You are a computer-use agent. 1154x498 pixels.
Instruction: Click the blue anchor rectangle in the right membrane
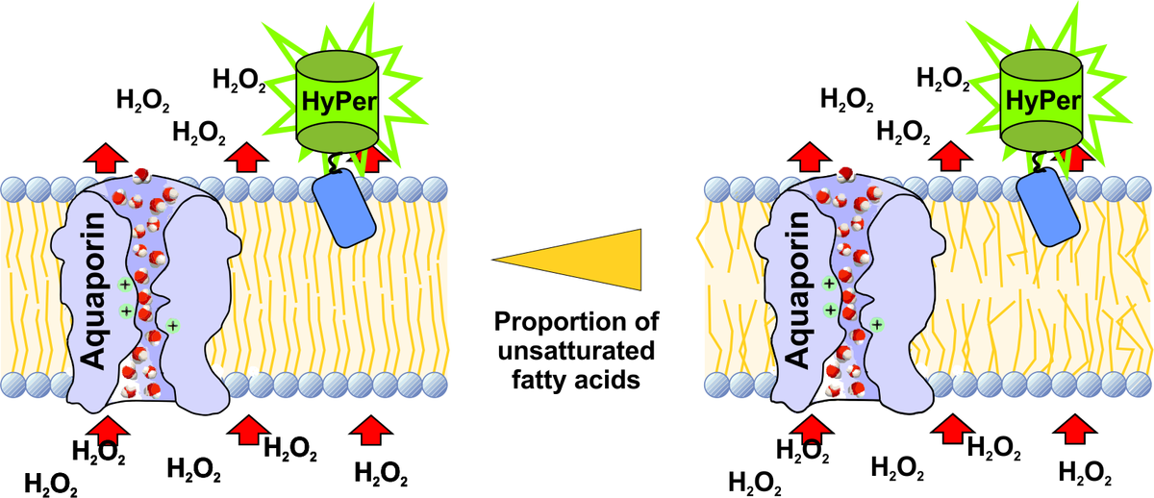(x=1047, y=209)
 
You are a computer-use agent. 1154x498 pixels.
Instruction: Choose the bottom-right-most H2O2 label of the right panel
(x=1087, y=472)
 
